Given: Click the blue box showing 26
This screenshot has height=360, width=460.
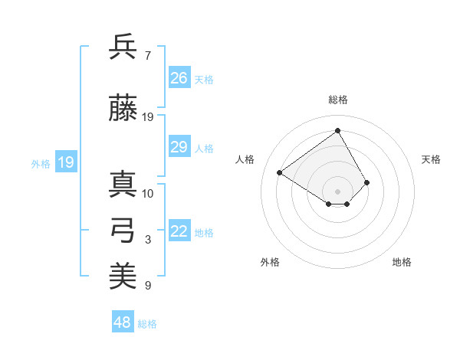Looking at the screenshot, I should (x=179, y=78).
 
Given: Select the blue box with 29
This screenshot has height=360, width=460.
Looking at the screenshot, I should (x=179, y=147).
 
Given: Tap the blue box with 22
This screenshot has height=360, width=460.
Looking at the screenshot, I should (x=179, y=232).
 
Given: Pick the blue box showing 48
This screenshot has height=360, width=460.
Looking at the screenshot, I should (x=123, y=322).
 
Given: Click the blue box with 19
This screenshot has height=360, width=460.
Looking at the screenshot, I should (x=65, y=162).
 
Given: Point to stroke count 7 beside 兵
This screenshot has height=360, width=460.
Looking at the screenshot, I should (x=147, y=56).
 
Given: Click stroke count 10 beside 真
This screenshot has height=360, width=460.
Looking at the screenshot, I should (x=147, y=193).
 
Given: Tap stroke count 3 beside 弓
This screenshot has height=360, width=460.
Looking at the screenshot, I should (x=147, y=240).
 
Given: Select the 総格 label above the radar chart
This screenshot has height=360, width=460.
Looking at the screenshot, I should (x=337, y=100).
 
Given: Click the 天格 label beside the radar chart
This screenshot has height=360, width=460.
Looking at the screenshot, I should (x=432, y=159).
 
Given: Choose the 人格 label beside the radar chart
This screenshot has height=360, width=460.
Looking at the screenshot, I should (x=245, y=159).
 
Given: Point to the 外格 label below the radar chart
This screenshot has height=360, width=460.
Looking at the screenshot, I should (x=270, y=262).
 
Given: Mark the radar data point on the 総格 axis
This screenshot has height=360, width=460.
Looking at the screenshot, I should (x=337, y=131).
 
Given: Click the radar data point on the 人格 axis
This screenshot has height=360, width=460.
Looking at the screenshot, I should (x=280, y=172).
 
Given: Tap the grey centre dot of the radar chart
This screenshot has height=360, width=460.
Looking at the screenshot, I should (x=337, y=191).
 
